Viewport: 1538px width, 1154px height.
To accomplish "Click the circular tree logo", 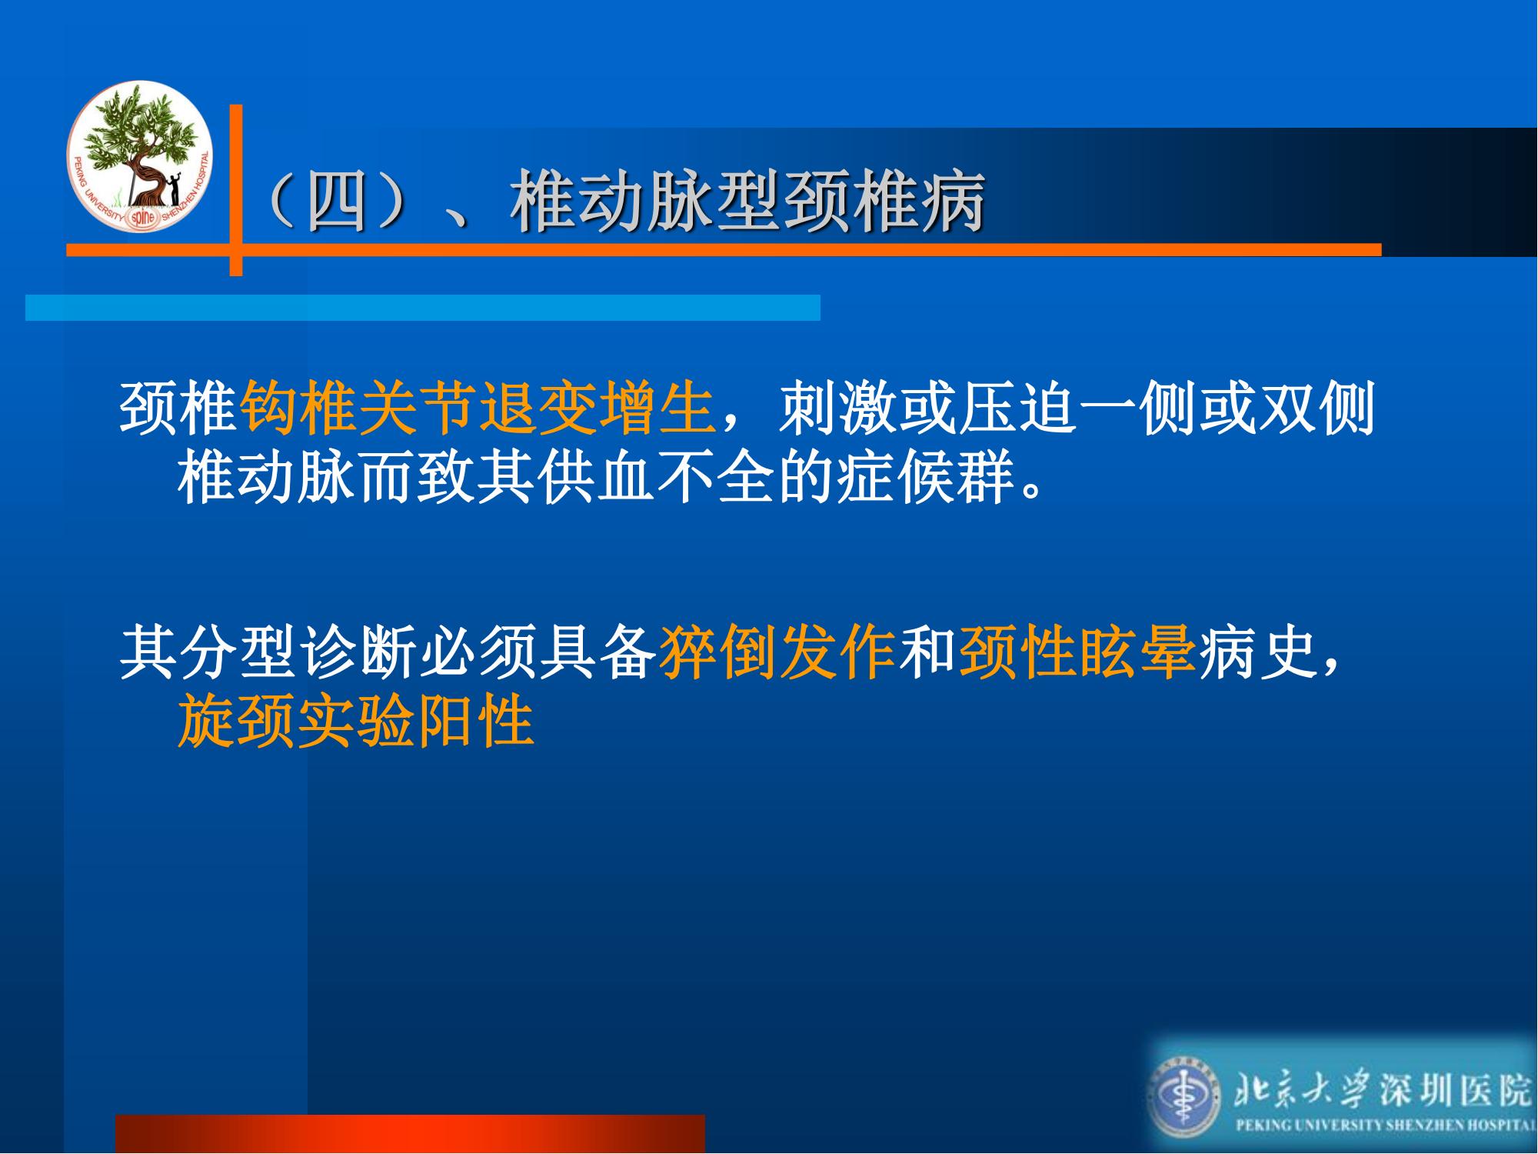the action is [x=140, y=155].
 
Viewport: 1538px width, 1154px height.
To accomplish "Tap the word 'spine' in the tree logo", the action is [x=142, y=217].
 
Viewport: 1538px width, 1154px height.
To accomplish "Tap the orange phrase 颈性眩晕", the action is [x=1077, y=653].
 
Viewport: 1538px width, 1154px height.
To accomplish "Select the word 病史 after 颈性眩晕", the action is [x=1257, y=653].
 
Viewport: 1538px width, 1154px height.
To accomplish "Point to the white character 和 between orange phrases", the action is [x=927, y=653].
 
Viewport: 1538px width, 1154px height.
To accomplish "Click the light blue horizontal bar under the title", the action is [x=423, y=307].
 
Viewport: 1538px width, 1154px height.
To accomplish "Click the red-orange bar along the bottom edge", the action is [x=410, y=1133].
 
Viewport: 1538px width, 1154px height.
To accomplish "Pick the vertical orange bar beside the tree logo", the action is [x=236, y=190].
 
